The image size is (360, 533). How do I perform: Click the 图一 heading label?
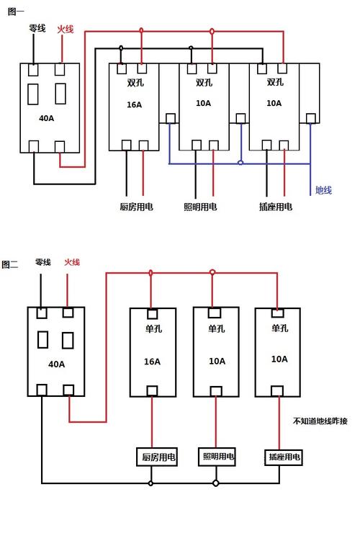pos(15,12)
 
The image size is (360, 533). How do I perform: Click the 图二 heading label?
pos(10,264)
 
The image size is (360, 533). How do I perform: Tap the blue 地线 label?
pos(323,190)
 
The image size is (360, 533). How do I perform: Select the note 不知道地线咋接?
pos(320,421)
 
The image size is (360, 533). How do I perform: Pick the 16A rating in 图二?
pos(153,361)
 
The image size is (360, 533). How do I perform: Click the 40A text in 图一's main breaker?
pos(45,117)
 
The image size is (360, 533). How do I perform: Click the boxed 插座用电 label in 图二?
pos(284,457)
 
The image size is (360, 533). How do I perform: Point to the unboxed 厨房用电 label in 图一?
pos(136,207)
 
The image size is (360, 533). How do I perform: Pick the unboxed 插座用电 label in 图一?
pos(275,207)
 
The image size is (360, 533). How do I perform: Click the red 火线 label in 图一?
pos(65,29)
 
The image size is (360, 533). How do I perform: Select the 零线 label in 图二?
pos(42,262)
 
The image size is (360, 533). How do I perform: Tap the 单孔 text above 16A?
pos(153,329)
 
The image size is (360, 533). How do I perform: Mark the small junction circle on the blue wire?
pos(240,163)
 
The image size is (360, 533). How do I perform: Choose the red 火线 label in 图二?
pos(72,262)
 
